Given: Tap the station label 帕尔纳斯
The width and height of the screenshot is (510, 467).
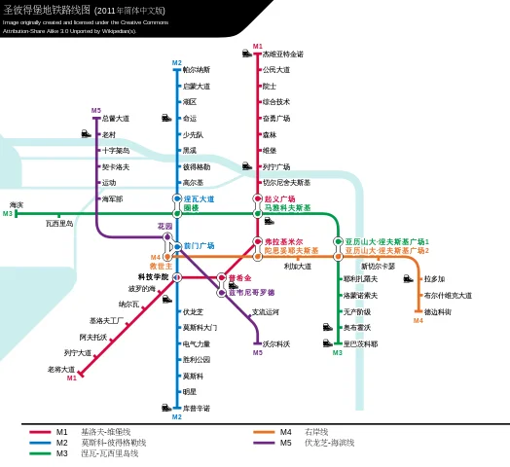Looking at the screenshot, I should pos(197,70).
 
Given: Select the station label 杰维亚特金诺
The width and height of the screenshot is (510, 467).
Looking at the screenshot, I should pos(282,54).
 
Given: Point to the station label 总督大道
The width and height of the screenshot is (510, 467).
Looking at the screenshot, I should pos(116,119).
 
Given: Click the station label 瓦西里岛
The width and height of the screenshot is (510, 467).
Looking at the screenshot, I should pos(59,224).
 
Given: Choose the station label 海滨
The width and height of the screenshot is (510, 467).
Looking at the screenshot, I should pos(17,205).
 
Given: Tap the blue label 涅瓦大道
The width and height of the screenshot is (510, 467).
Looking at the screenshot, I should pos(199,198).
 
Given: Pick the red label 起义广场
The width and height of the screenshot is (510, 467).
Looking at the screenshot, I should pos(279,198).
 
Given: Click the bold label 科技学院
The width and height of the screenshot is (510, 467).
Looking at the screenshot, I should pos(153,277).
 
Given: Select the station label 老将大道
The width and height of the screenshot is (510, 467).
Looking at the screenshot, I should pos(61,370).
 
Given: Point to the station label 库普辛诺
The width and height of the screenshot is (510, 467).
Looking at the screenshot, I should pos(197,408).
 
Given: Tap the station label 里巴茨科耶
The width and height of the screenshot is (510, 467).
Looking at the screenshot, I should pos(360,343).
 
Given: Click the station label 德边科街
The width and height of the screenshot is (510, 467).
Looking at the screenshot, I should pos(437,311).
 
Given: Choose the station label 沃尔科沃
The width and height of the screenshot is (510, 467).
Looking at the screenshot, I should pos(276,343).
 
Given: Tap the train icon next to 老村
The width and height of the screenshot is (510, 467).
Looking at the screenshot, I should pos(87,134).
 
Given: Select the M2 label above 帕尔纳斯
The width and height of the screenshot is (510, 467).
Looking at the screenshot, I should pos(177,63).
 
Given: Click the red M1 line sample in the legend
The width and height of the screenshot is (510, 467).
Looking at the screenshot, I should pos(40,432).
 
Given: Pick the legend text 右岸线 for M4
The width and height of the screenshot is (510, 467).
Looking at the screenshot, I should pos(316,432).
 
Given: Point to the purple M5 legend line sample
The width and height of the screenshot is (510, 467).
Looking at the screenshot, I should pos(265,443).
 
